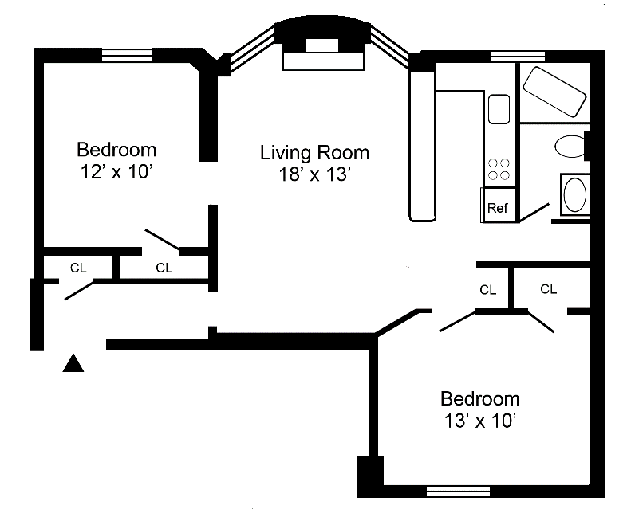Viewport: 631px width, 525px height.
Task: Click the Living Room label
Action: click(314, 153)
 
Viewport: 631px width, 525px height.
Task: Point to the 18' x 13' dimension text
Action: click(315, 174)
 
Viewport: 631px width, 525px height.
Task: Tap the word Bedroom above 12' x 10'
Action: click(116, 150)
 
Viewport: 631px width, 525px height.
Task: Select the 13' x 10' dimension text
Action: click(480, 421)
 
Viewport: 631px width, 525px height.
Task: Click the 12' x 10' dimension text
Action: click(116, 172)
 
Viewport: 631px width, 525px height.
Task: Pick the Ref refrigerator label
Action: click(498, 208)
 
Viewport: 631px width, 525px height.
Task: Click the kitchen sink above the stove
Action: click(499, 109)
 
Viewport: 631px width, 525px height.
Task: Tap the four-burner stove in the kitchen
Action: click(499, 169)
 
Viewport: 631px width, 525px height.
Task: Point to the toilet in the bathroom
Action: click(570, 147)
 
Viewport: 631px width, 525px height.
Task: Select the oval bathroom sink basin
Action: click(574, 194)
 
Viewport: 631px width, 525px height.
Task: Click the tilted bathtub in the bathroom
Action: click(554, 92)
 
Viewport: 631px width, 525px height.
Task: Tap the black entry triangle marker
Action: click(73, 363)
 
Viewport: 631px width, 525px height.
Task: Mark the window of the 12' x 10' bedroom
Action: click(126, 55)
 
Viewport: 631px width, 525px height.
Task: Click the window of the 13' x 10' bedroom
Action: click(458, 492)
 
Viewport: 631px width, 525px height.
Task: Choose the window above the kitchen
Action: click(518, 57)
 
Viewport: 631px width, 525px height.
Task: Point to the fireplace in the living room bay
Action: click(323, 55)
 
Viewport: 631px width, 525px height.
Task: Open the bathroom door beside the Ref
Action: click(534, 212)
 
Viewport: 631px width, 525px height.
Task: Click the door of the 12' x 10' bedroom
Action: click(162, 240)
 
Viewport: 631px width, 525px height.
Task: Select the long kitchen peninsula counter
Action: click(422, 146)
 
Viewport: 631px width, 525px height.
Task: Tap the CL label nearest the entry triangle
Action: click(78, 268)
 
